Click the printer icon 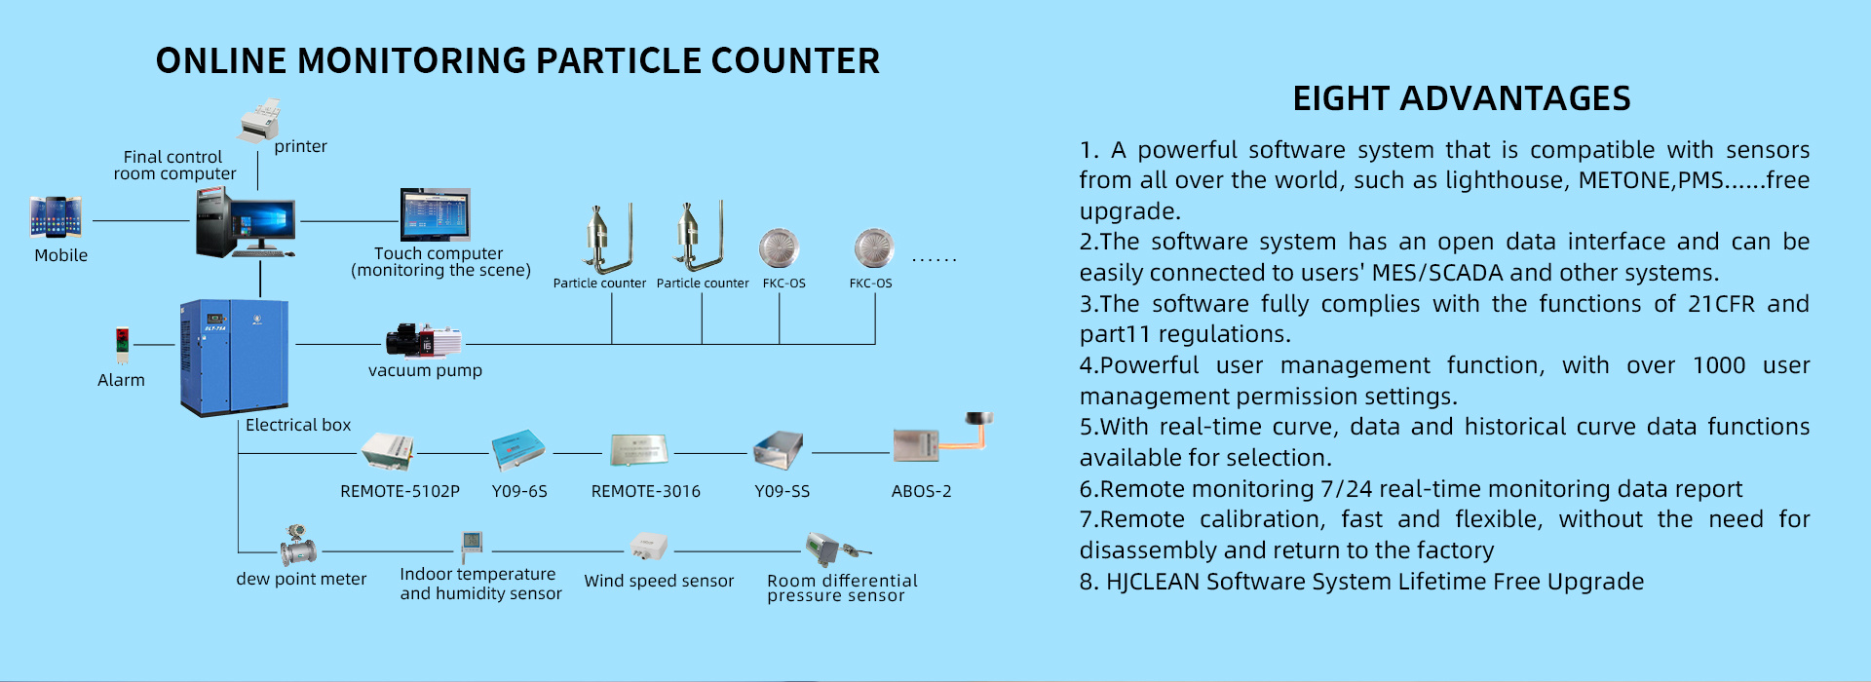pos(259,119)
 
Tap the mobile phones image pos(56,216)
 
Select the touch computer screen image pos(435,214)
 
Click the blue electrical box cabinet pos(234,356)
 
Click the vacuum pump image pos(424,341)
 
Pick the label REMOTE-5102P pos(400,491)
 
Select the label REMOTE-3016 pos(645,491)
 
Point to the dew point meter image pos(298,547)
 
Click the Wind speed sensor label pos(659,581)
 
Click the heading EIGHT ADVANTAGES pos(1461,98)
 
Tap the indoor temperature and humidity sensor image pos(472,543)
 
